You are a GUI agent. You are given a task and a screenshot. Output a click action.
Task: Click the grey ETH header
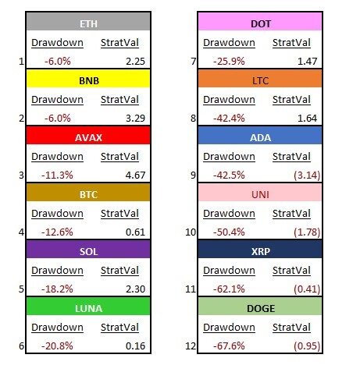[x=88, y=21]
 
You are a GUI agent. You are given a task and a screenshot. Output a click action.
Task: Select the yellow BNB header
[x=88, y=79]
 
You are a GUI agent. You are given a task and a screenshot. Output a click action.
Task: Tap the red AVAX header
[x=88, y=136]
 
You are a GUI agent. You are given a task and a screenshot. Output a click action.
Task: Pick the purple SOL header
[x=88, y=250]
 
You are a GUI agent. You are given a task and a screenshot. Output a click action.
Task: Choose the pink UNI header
[x=260, y=193]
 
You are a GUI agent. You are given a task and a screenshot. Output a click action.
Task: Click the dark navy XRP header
[x=260, y=250]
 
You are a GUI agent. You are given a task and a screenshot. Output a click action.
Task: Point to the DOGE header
[x=260, y=307]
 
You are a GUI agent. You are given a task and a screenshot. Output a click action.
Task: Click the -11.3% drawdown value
[x=57, y=175]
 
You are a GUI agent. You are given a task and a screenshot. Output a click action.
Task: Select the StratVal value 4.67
[x=135, y=175]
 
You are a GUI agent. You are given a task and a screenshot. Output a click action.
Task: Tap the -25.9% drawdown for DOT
[x=229, y=61]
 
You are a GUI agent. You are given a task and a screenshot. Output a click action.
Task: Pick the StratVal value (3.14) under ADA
[x=307, y=175]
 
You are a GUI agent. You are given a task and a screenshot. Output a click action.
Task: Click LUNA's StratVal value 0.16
[x=135, y=346]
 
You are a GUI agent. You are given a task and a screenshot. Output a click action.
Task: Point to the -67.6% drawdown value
[x=229, y=346]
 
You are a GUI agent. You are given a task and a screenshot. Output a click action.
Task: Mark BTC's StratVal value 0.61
[x=135, y=232]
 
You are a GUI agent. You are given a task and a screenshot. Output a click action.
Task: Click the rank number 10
[x=191, y=232]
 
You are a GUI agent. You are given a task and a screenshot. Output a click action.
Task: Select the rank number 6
[x=21, y=346]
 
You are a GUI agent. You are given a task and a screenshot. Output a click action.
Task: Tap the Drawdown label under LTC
[x=229, y=100]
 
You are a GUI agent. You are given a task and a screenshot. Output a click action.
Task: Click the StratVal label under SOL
[x=119, y=271]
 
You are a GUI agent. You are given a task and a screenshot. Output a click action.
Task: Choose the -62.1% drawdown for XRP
[x=229, y=289]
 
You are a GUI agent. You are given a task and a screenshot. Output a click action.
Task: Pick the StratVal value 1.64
[x=307, y=118]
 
